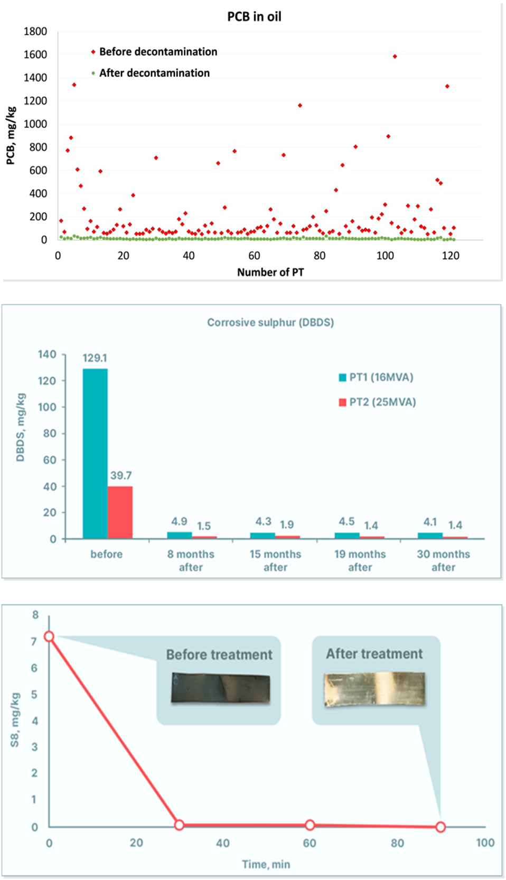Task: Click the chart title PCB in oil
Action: click(x=254, y=17)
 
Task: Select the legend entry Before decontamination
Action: click(x=158, y=52)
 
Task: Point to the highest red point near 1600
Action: click(x=395, y=57)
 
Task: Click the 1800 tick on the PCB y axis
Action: click(x=35, y=32)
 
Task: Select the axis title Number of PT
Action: click(x=270, y=273)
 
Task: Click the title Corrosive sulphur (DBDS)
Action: click(x=270, y=322)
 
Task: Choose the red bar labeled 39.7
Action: click(x=120, y=512)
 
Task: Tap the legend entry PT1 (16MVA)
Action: click(x=381, y=377)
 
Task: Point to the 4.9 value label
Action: click(x=179, y=521)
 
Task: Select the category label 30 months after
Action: click(x=443, y=560)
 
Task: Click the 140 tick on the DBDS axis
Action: click(x=47, y=354)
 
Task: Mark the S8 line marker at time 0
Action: click(x=49, y=636)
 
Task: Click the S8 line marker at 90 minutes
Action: click(x=441, y=827)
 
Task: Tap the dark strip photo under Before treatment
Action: click(x=220, y=688)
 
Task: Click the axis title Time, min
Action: click(x=266, y=864)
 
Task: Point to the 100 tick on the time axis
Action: click(x=485, y=843)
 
